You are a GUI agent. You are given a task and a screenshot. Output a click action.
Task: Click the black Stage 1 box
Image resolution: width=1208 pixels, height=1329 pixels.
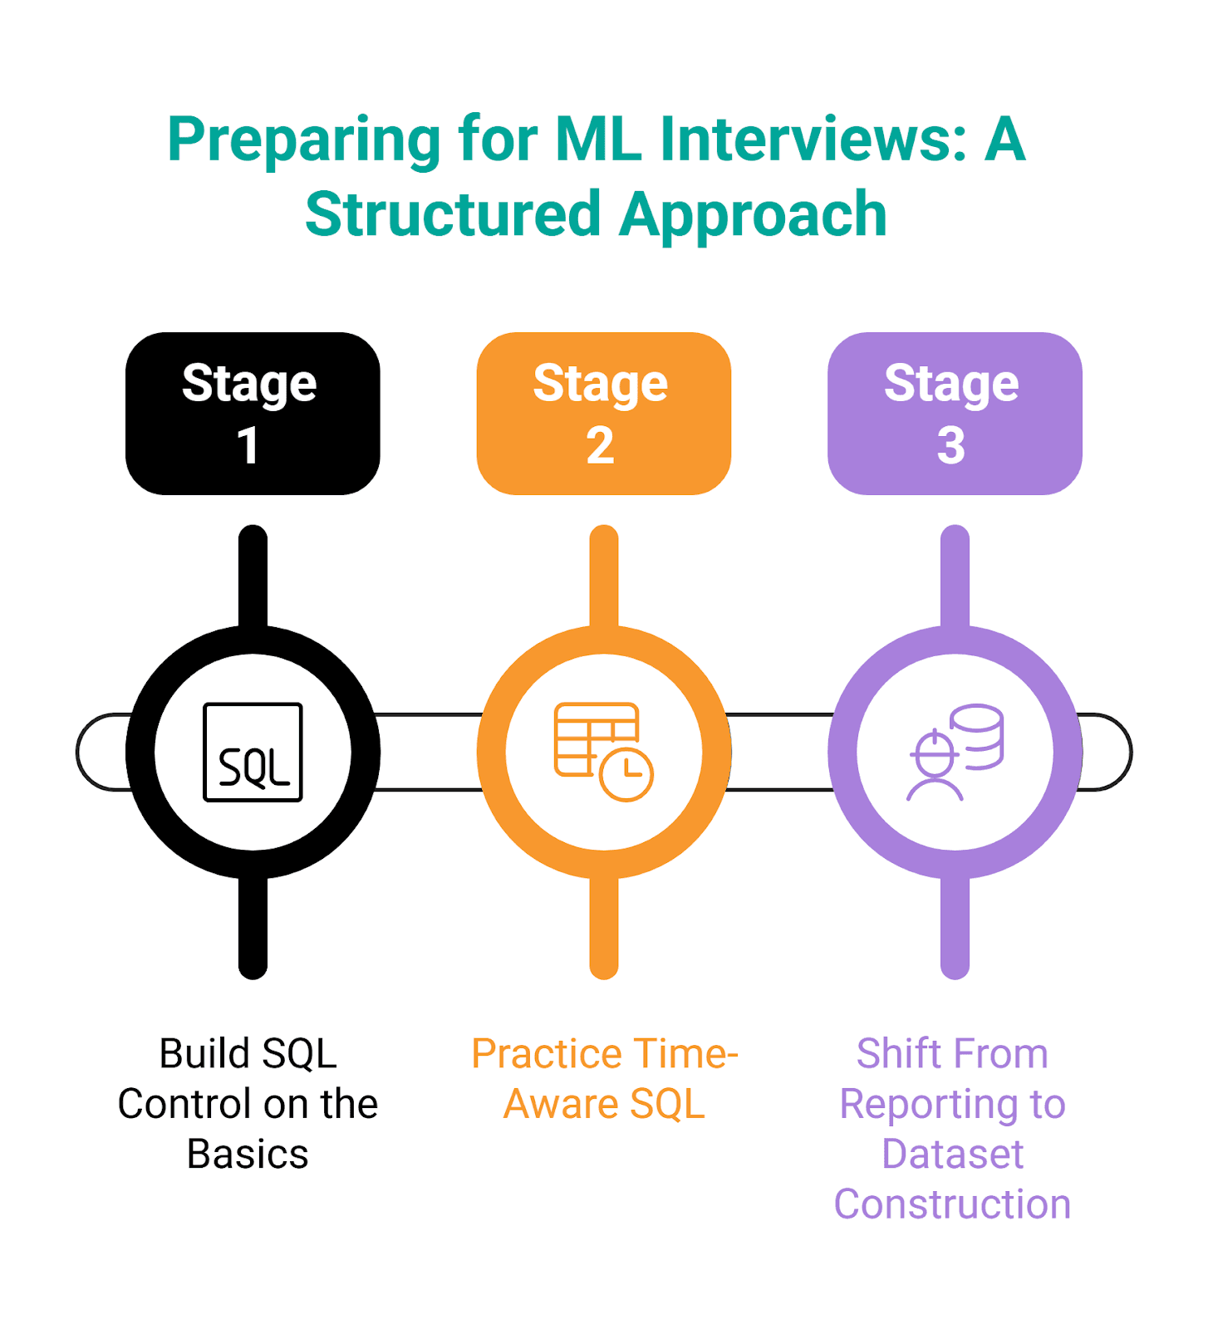tap(253, 414)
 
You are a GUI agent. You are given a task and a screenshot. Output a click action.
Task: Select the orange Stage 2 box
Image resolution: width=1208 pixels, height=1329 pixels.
tap(603, 414)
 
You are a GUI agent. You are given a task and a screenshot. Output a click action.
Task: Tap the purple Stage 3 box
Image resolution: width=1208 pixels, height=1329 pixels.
tap(955, 414)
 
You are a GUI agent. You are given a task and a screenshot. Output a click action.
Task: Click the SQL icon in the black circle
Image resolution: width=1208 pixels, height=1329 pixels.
tap(253, 753)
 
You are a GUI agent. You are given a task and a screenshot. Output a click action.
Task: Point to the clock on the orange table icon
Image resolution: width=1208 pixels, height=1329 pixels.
tap(626, 774)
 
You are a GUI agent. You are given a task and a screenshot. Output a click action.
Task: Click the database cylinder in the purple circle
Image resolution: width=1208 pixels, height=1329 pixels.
tap(977, 736)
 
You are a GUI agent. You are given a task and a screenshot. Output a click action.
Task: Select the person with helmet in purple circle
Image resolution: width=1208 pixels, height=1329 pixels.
tap(935, 766)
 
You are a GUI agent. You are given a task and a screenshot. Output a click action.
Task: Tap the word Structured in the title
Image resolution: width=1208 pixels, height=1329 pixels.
tap(453, 214)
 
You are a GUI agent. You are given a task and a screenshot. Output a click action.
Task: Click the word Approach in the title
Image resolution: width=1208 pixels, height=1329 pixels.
tap(754, 214)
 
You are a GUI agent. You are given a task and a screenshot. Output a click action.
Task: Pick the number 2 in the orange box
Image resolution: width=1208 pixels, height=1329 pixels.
tap(600, 446)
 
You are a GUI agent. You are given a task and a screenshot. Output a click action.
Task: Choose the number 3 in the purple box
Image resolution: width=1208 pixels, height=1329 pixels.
tap(951, 446)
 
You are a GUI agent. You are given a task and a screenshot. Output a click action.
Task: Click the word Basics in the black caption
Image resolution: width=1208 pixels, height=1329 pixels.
tap(248, 1154)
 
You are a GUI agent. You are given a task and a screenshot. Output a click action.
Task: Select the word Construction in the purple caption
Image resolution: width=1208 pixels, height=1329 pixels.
tap(952, 1204)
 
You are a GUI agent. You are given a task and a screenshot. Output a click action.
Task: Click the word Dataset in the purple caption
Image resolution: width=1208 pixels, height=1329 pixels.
tap(952, 1154)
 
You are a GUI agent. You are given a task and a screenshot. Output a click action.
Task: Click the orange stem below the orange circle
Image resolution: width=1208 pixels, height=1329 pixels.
tap(604, 926)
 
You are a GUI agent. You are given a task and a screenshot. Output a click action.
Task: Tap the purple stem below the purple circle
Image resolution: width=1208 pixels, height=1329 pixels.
tap(955, 926)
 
